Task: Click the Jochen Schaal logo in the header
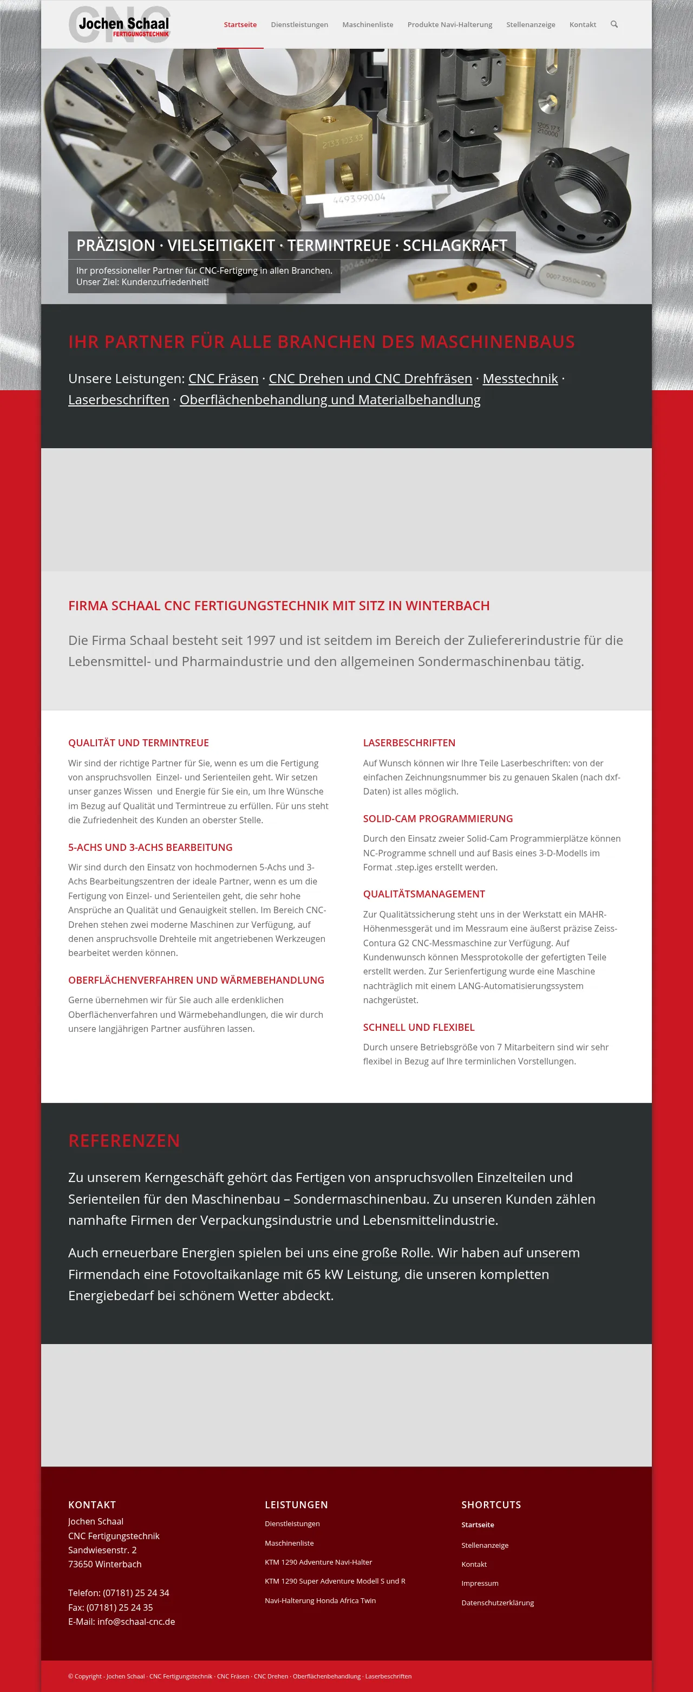(120, 24)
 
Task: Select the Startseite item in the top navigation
(240, 25)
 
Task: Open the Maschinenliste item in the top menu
(368, 25)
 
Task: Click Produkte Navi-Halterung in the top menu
(449, 25)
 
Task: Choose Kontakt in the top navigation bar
(582, 25)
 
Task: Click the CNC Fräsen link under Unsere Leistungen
(223, 379)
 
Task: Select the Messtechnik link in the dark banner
(520, 379)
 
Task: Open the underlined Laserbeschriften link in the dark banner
(119, 400)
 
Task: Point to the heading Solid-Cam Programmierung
(437, 818)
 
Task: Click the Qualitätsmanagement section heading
(424, 894)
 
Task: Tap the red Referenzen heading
(124, 1141)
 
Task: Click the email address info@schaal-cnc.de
(136, 1622)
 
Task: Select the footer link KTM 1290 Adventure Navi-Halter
(318, 1562)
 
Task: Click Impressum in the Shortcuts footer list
(480, 1584)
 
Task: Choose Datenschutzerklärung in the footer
(498, 1603)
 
